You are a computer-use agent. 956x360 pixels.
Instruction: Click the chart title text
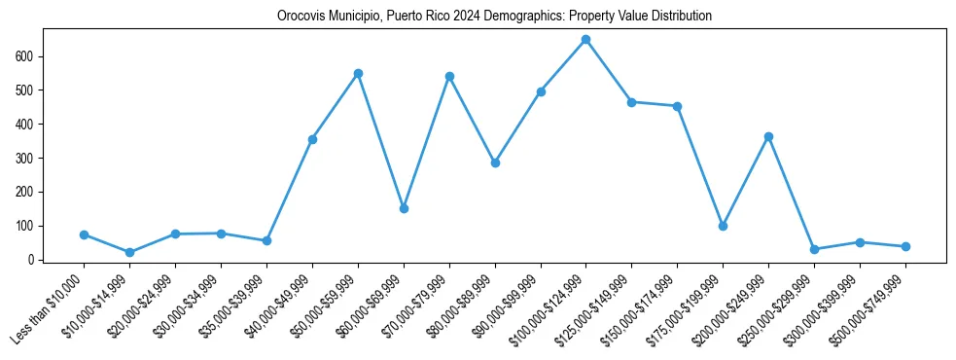pyautogui.click(x=494, y=17)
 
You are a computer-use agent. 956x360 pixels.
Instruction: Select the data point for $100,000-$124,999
pyautogui.click(x=585, y=40)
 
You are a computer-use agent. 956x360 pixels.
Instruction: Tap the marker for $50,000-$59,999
pyautogui.click(x=358, y=73)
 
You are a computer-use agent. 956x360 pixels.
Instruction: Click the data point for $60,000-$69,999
pyautogui.click(x=404, y=208)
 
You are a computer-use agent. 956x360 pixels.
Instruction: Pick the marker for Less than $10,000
pyautogui.click(x=84, y=234)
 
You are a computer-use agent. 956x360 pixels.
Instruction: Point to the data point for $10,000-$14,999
pyautogui.click(x=129, y=252)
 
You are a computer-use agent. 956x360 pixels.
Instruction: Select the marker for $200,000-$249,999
pyautogui.click(x=768, y=137)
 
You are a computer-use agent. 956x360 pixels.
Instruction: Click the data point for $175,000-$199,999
pyautogui.click(x=723, y=226)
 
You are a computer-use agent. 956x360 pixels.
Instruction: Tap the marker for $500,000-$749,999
pyautogui.click(x=905, y=246)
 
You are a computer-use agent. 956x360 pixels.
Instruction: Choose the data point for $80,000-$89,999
pyautogui.click(x=495, y=162)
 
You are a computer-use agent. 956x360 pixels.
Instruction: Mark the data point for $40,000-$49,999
pyautogui.click(x=312, y=139)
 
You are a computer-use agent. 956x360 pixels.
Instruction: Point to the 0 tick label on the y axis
pyautogui.click(x=33, y=260)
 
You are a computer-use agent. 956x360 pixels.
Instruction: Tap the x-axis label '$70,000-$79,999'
pyautogui.click(x=416, y=306)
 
